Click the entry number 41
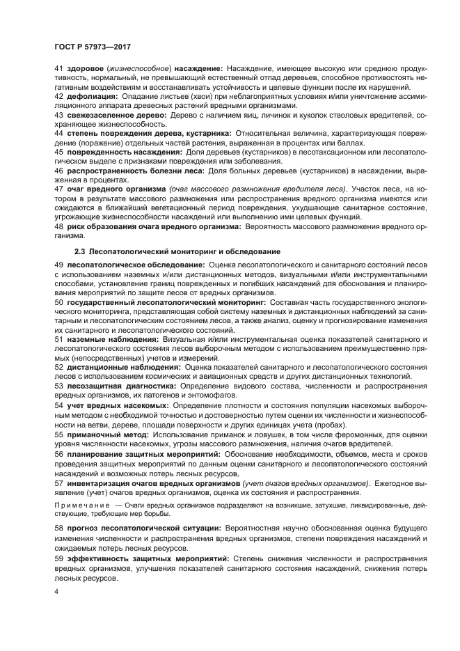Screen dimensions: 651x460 tap(58, 69)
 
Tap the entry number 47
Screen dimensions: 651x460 tap(58, 188)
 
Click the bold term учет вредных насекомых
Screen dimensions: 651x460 tap(116, 405)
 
